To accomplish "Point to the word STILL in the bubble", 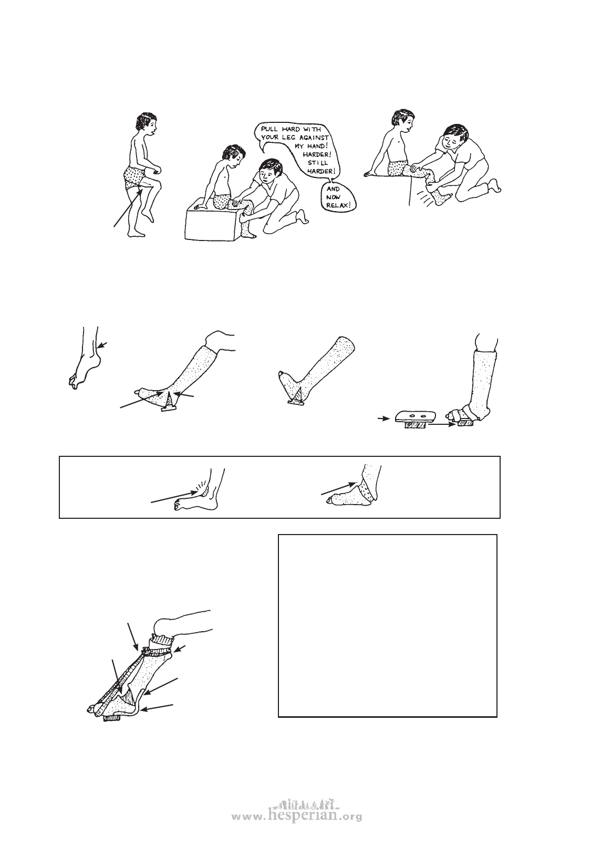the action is [322, 163].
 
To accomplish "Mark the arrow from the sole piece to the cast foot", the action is [443, 425].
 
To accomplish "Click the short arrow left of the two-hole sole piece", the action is [383, 419].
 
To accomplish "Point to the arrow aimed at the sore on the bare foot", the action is [173, 497].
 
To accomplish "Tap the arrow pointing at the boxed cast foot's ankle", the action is [338, 488].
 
